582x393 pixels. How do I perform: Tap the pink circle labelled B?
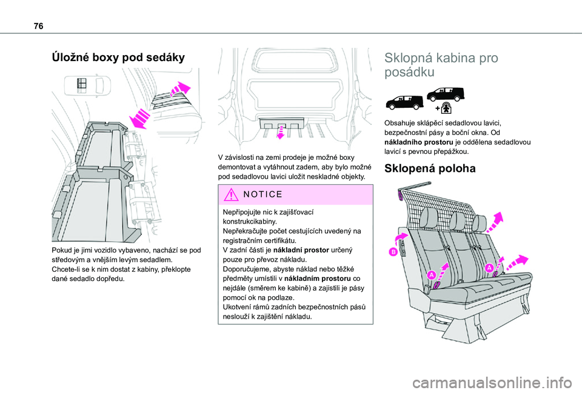pyautogui.click(x=393, y=251)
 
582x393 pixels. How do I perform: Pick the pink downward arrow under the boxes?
pyautogui.click(x=279, y=132)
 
